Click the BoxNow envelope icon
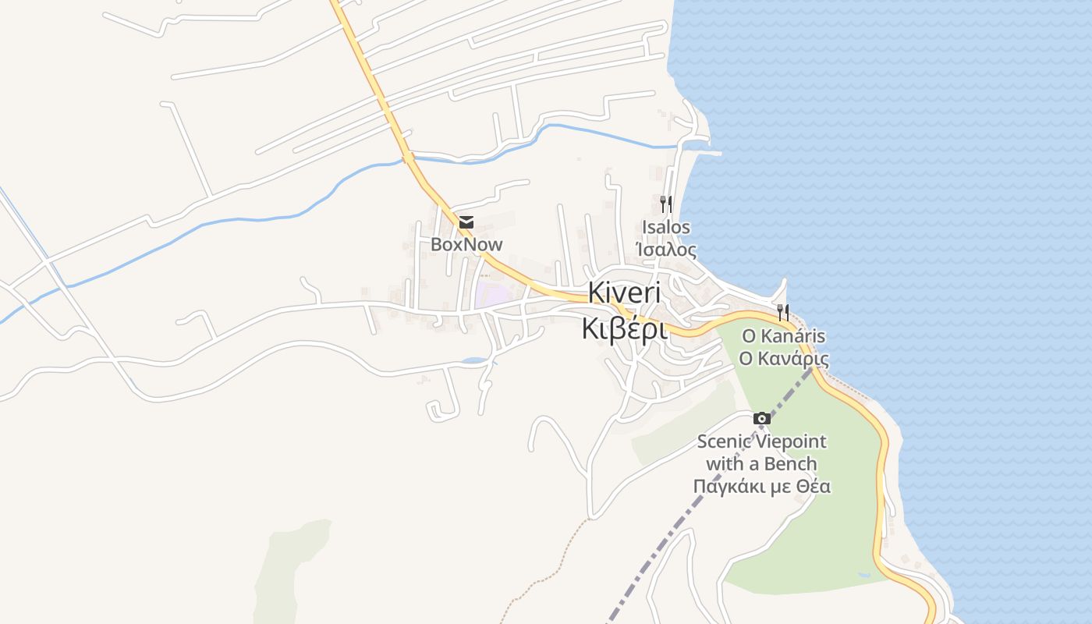(x=466, y=223)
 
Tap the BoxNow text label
(x=466, y=244)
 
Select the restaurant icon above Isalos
(x=665, y=204)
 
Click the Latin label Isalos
(x=666, y=227)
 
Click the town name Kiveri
(x=624, y=293)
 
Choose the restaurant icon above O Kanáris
(x=782, y=313)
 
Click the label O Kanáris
(x=783, y=336)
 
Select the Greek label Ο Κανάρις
(x=783, y=359)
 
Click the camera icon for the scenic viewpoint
(x=762, y=419)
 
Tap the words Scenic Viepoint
(x=761, y=441)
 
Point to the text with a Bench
(x=761, y=464)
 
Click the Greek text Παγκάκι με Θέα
(x=761, y=487)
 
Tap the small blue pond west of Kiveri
(x=473, y=361)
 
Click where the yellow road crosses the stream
(x=407, y=159)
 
